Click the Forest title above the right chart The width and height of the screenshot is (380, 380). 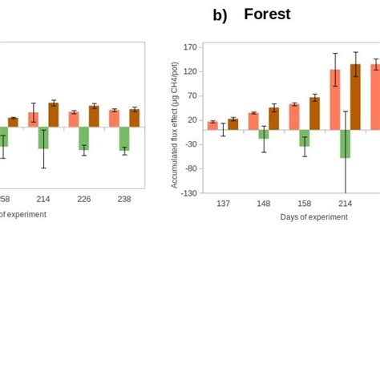click(267, 14)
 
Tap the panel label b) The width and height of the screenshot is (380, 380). click(220, 15)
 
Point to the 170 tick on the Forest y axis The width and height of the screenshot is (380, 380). click(190, 47)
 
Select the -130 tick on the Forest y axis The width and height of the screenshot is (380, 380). click(188, 193)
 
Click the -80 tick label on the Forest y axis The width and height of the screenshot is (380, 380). click(189, 169)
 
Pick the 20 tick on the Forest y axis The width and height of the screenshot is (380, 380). click(192, 120)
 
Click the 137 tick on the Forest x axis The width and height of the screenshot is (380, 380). click(223, 204)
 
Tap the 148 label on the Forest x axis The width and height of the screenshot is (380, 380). click(264, 204)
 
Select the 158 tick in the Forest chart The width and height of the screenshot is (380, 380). click(304, 204)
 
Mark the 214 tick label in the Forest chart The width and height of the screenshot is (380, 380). click(345, 204)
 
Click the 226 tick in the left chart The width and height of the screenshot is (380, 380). click(84, 200)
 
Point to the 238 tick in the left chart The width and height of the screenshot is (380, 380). click(124, 200)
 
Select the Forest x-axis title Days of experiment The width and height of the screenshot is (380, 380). click(313, 217)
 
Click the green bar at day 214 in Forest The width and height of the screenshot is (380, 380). click(345, 144)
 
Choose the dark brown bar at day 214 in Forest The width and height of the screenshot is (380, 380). click(355, 96)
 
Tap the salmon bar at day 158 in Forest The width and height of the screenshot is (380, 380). click(294, 116)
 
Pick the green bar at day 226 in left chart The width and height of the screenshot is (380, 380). click(84, 138)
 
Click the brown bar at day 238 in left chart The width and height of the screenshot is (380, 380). click(134, 118)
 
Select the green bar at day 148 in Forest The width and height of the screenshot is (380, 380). click(264, 134)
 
